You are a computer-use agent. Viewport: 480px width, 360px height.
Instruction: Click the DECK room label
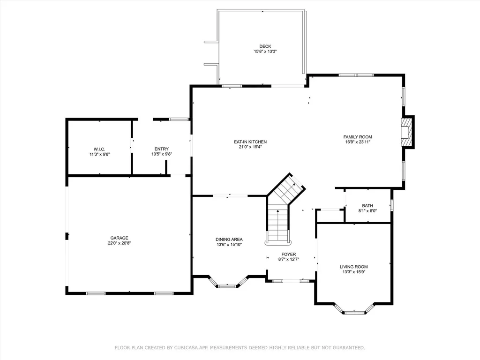pos(265,46)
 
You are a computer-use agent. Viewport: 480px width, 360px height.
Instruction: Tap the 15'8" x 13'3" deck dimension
pos(265,52)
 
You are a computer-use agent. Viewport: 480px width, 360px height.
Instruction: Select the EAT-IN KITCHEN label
pos(250,142)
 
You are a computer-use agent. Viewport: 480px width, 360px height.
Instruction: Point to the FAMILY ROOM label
pos(358,137)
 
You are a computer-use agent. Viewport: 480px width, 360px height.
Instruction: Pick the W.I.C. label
pos(99,149)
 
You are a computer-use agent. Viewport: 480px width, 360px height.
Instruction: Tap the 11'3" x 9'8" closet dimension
pos(99,154)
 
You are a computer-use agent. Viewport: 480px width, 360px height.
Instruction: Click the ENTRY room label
pos(162,149)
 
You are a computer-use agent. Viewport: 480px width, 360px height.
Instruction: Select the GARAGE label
pos(120,238)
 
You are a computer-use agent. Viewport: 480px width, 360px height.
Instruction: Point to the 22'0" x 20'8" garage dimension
pos(120,243)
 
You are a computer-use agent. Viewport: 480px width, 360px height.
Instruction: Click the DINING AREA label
pos(229,240)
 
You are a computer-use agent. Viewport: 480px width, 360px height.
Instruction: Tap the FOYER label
pos(289,254)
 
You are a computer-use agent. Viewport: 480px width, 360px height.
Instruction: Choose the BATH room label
pos(367,206)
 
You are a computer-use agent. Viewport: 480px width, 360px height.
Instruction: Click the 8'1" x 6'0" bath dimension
pos(367,211)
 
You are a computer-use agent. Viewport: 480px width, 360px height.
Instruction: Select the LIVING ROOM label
pos(354,267)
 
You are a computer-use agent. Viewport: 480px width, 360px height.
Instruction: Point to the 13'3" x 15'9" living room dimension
pos(354,272)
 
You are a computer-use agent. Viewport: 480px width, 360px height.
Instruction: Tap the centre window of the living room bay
pos(354,313)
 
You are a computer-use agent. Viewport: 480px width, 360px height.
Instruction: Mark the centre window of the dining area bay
pos(227,286)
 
